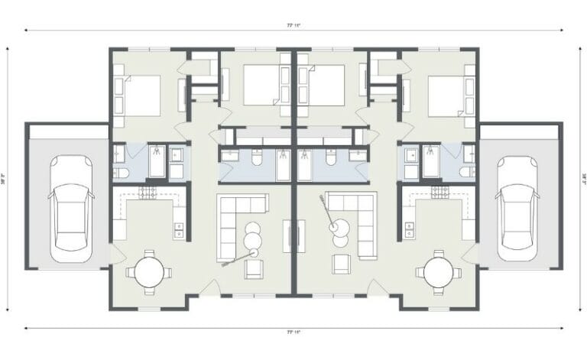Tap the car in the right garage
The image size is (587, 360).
[517, 208]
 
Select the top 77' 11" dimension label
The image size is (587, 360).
[293, 26]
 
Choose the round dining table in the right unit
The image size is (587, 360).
[439, 271]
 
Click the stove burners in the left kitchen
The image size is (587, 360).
[148, 193]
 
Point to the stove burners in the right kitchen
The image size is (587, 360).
[441, 193]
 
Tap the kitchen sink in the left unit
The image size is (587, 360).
[179, 227]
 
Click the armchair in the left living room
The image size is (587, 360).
[253, 268]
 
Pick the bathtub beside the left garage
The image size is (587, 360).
[157, 161]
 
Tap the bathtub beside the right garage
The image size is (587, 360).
[431, 161]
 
